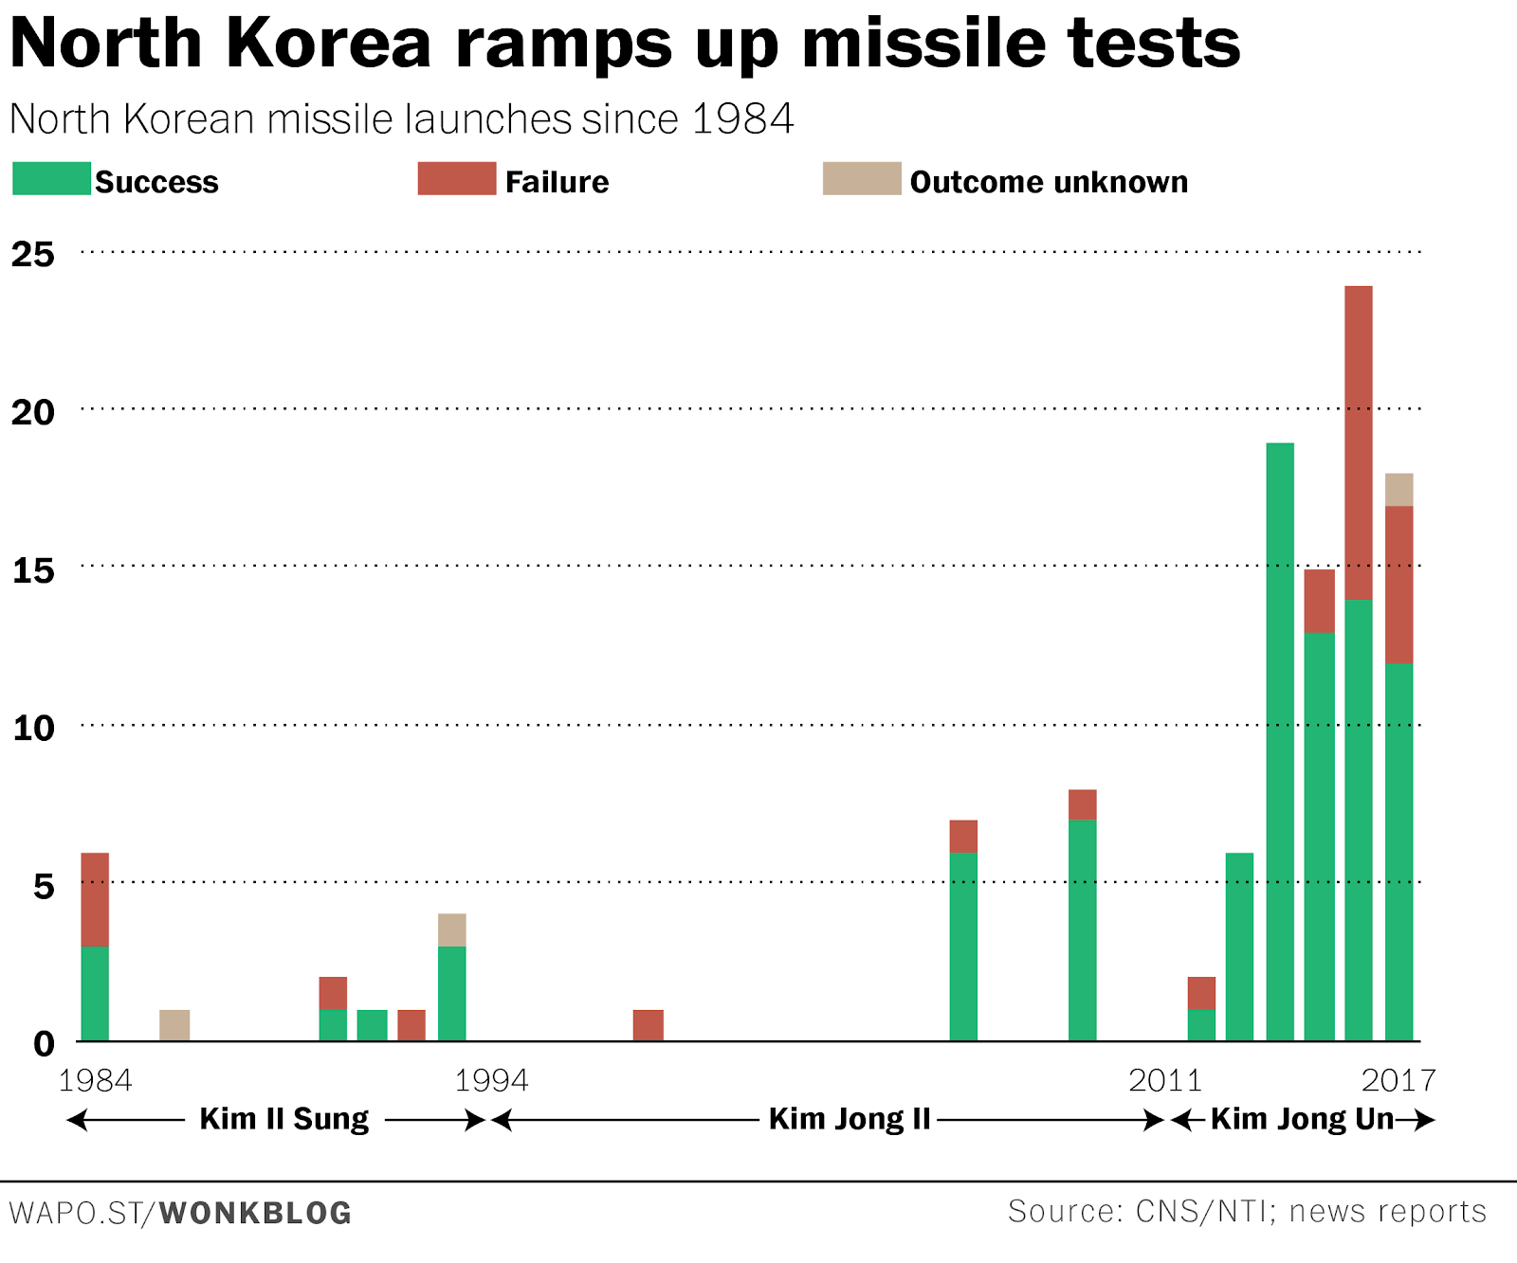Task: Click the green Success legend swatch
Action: pyautogui.click(x=51, y=179)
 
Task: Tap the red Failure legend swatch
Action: pyautogui.click(x=456, y=179)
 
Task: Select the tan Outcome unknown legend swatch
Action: pyautogui.click(x=861, y=179)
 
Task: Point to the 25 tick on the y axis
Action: pyautogui.click(x=33, y=254)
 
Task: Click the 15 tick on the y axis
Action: pyautogui.click(x=33, y=570)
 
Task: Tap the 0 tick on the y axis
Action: pyautogui.click(x=44, y=1044)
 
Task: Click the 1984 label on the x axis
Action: pyautogui.click(x=95, y=1080)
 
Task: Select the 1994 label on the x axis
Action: pyautogui.click(x=491, y=1080)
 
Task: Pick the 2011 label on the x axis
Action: pyautogui.click(x=1165, y=1080)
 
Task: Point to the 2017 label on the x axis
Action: pyautogui.click(x=1398, y=1080)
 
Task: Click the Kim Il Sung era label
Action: pyautogui.click(x=283, y=1119)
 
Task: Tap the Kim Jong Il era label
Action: pyautogui.click(x=849, y=1119)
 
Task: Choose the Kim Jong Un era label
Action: pyautogui.click(x=1302, y=1119)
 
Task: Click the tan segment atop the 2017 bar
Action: pyautogui.click(x=1398, y=490)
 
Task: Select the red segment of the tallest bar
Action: pyautogui.click(x=1358, y=442)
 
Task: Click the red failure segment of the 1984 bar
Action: pyautogui.click(x=95, y=899)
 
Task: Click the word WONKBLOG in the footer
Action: pyautogui.click(x=255, y=1213)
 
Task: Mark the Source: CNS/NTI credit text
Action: pyautogui.click(x=1247, y=1211)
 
